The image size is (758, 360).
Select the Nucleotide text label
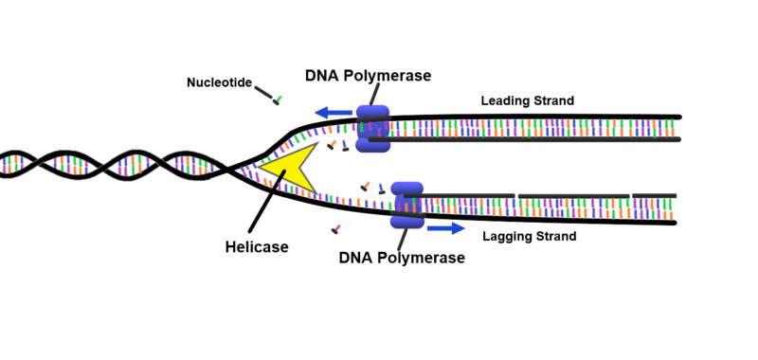219,83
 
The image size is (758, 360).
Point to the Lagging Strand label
528,234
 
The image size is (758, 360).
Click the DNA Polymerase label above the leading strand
368,75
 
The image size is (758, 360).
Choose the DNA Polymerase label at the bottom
402,258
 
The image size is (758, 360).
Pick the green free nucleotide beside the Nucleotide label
277,99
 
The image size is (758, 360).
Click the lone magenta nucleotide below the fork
334,229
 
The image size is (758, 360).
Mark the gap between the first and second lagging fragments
516,196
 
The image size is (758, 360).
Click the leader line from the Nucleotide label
263,91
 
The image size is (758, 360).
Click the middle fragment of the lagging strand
573,195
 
